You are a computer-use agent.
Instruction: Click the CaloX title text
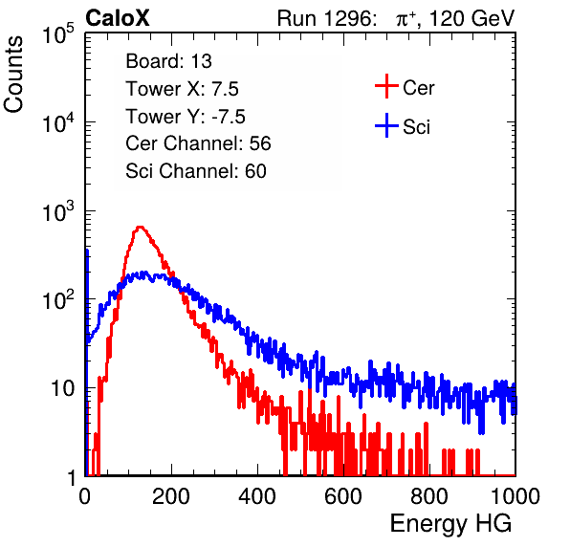(117, 18)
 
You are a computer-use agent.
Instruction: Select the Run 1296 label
(326, 18)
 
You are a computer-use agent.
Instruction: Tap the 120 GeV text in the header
(471, 18)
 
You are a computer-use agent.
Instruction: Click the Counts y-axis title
(13, 75)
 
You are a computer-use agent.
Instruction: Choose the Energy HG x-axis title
(450, 524)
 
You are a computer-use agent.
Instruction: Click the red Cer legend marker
(386, 86)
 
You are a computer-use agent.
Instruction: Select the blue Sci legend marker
(386, 126)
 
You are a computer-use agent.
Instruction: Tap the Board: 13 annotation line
(168, 61)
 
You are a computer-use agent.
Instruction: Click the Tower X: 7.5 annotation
(182, 89)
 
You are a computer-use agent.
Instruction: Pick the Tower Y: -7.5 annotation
(186, 117)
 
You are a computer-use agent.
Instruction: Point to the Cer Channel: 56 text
(198, 143)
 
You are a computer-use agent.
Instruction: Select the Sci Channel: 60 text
(196, 171)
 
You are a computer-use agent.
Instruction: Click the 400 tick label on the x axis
(257, 496)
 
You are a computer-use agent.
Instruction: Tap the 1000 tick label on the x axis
(515, 496)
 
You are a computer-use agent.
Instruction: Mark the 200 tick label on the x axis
(171, 496)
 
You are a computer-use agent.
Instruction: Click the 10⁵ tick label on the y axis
(58, 33)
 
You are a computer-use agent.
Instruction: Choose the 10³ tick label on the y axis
(58, 210)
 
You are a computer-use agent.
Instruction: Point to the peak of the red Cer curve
(140, 228)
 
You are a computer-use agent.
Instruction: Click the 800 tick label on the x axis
(429, 496)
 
